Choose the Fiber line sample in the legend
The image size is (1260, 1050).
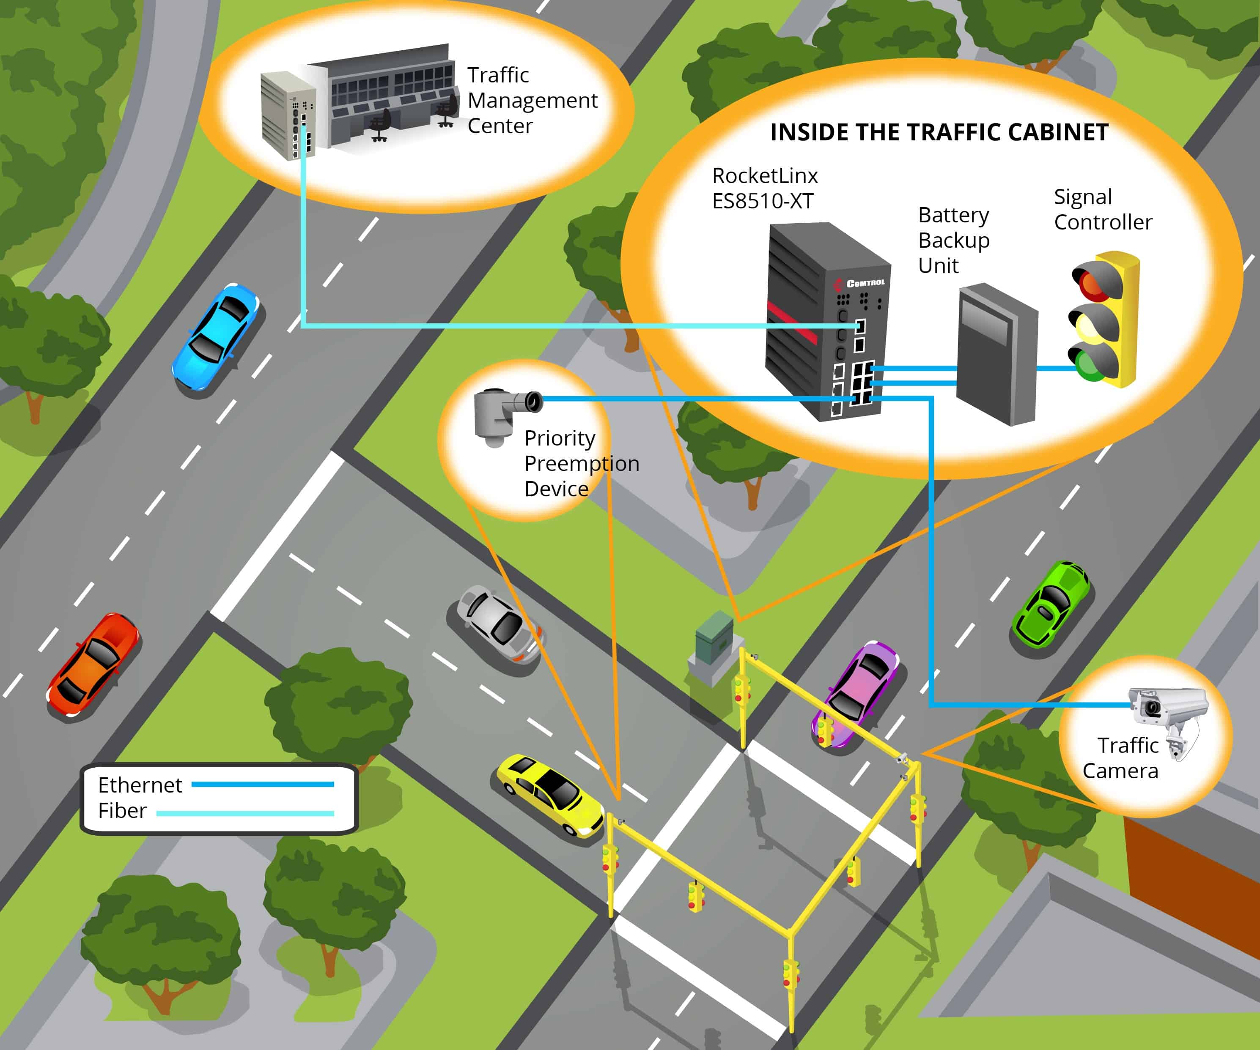(x=245, y=813)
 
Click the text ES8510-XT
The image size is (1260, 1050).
(x=762, y=201)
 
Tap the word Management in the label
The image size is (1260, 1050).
(x=532, y=101)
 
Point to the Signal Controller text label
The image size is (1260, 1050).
(x=1102, y=209)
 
